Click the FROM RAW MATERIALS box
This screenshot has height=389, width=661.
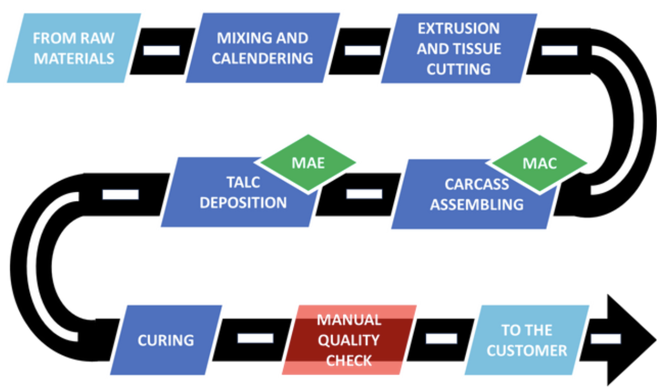(x=74, y=48)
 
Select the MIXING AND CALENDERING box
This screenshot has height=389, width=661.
(x=262, y=48)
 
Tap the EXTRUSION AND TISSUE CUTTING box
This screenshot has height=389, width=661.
(x=459, y=48)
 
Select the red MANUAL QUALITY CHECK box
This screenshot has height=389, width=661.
(x=349, y=340)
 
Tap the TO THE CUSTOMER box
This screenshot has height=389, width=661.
(x=526, y=340)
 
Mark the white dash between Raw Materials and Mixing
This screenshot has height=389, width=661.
(x=162, y=50)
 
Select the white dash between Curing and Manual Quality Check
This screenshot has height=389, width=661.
(x=255, y=339)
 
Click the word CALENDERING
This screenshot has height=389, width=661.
(x=262, y=58)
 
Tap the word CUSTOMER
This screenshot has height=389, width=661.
(x=527, y=351)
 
